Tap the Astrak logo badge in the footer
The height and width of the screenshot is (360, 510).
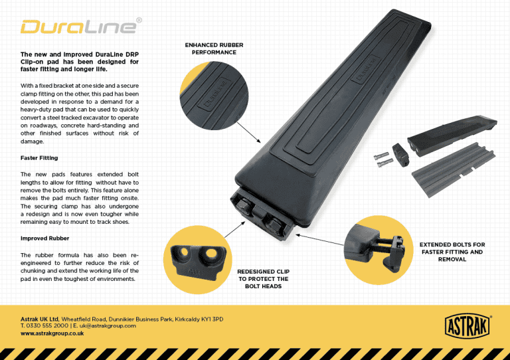coord(467,326)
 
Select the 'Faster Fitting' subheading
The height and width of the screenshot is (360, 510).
coord(39,158)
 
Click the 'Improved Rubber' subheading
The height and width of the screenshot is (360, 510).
coord(45,238)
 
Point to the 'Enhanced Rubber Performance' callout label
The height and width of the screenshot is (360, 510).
coord(214,48)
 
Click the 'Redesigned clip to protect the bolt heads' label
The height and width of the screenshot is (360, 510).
coord(264,279)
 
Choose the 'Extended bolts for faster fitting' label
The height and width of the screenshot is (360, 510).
coord(452,252)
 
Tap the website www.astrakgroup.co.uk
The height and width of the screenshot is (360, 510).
coord(52,333)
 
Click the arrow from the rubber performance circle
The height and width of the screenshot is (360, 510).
coord(249,133)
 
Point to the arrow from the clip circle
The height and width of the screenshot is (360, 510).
coord(234,230)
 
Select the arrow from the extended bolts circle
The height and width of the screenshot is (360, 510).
coord(319,240)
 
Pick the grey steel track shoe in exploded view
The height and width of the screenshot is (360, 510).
coord(454,170)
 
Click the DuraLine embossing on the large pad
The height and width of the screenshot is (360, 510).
coord(366,70)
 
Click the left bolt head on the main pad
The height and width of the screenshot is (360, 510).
coord(243,205)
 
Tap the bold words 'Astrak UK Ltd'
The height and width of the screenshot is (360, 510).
coord(40,319)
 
